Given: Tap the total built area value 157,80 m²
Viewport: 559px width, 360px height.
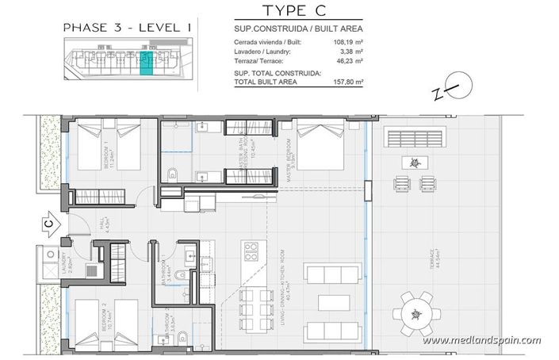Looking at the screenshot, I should click(x=348, y=81).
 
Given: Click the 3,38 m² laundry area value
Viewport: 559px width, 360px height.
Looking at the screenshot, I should click(x=350, y=51).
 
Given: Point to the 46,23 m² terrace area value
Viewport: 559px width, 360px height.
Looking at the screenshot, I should click(x=348, y=60).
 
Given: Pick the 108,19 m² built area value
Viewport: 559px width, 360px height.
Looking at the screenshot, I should click(x=348, y=41).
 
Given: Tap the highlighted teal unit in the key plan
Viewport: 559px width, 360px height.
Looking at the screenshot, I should click(x=145, y=64).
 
